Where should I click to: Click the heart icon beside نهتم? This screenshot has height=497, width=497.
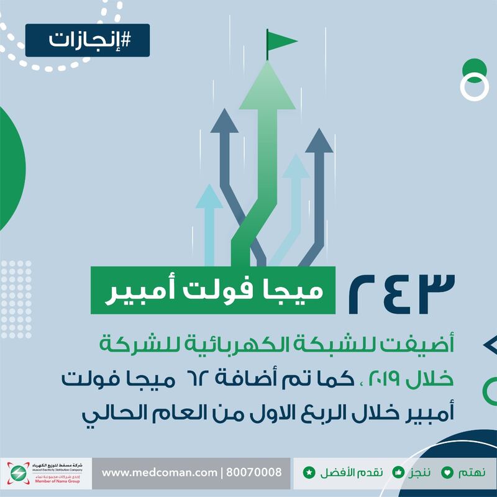447,472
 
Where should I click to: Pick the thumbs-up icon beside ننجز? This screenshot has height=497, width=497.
398,472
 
